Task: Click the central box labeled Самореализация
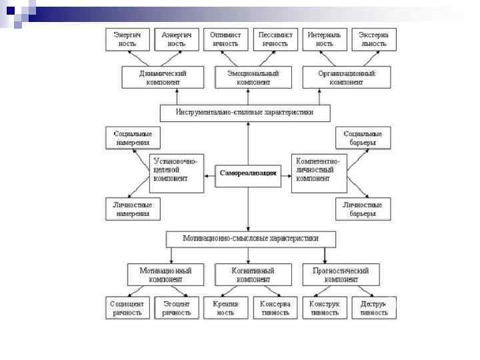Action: point(247,173)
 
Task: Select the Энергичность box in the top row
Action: point(127,39)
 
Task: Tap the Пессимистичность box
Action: point(275,39)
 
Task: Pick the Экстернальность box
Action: point(373,39)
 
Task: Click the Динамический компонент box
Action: point(163,77)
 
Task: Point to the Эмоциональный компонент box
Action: point(253,77)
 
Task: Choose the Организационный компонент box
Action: point(346,77)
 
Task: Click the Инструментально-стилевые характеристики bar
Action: point(245,113)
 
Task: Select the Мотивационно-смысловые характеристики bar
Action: point(251,238)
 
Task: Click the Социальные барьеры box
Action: point(363,138)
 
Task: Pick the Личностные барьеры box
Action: point(363,209)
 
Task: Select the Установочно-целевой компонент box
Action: point(176,173)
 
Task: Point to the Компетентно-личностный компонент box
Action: point(319,173)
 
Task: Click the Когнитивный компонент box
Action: point(253,274)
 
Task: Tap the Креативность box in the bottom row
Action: point(225,307)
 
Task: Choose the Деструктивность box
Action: point(373,307)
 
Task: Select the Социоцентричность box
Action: point(127,307)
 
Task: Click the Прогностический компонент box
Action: point(345,274)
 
